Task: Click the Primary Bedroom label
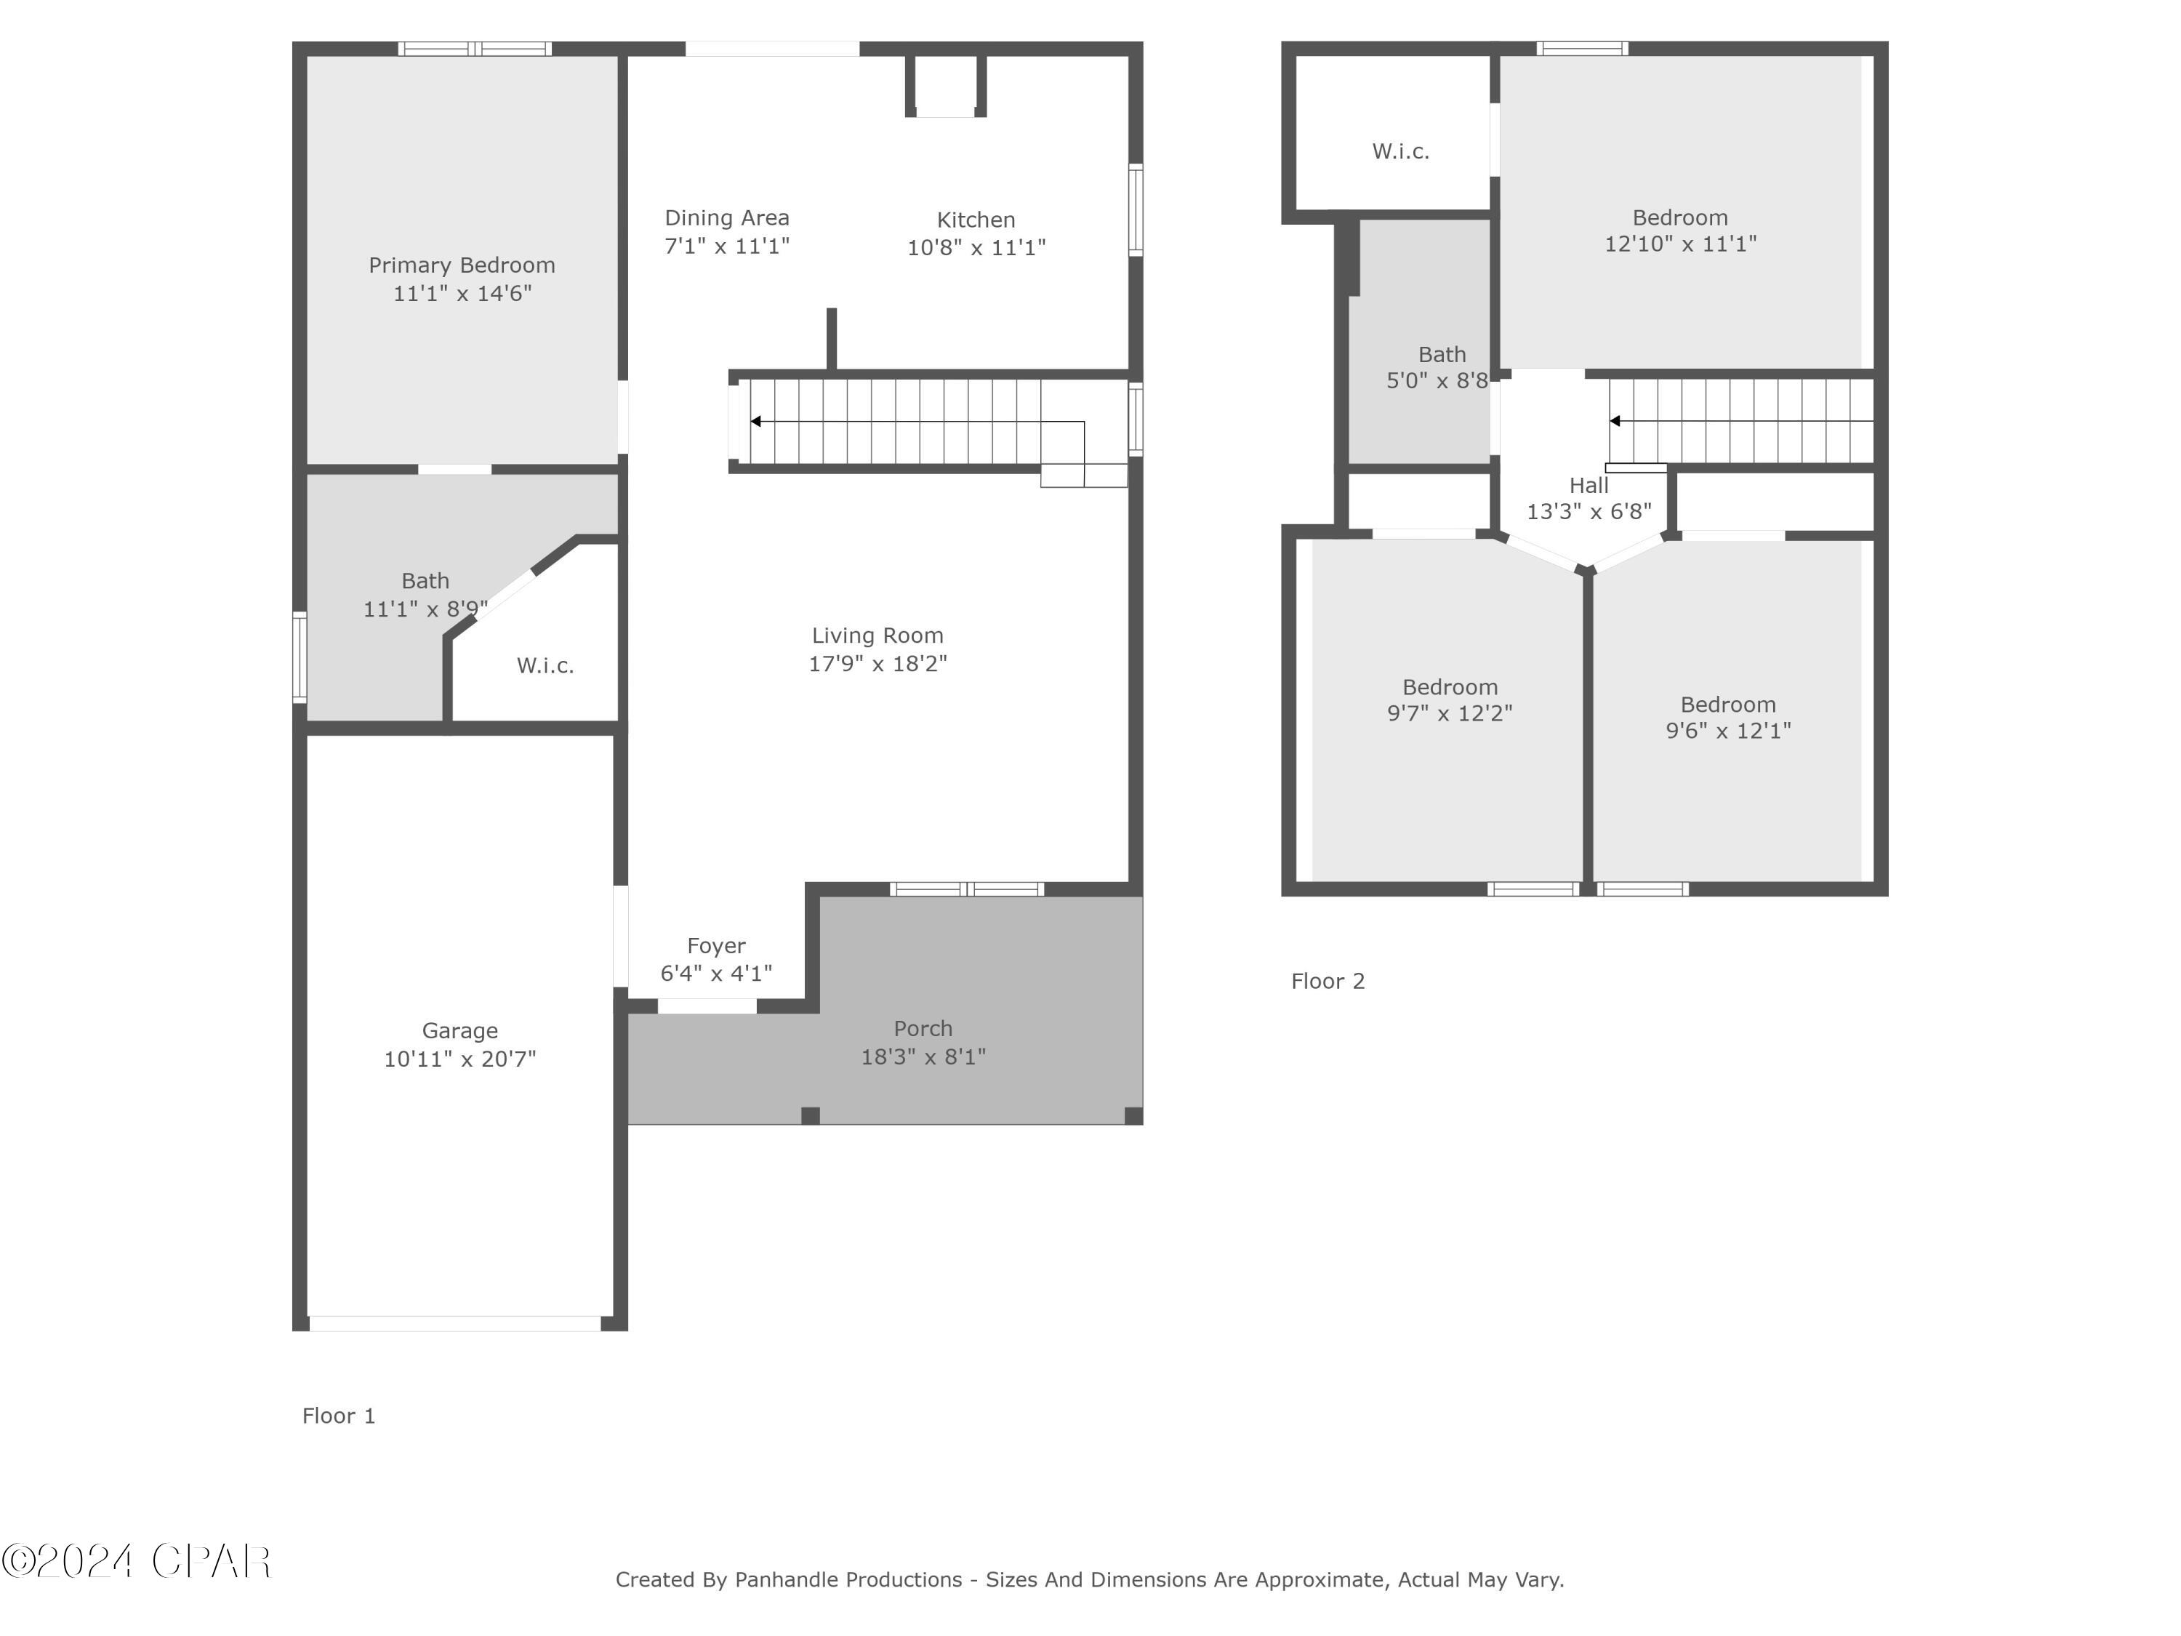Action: pyautogui.click(x=462, y=265)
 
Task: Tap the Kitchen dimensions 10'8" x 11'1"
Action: pyautogui.click(x=976, y=247)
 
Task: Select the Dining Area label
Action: pyautogui.click(x=727, y=218)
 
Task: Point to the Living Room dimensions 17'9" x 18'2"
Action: pyautogui.click(x=877, y=664)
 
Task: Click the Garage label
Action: pyautogui.click(x=459, y=1030)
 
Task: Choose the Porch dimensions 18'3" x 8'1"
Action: pyautogui.click(x=923, y=1057)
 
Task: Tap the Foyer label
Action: pyautogui.click(x=716, y=946)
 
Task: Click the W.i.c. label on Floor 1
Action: pyautogui.click(x=545, y=665)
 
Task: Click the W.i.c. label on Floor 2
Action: pyautogui.click(x=1400, y=151)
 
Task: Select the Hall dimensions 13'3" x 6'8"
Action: pyautogui.click(x=1588, y=511)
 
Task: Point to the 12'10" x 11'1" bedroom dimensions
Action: pyautogui.click(x=1680, y=244)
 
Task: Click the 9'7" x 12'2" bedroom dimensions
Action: pyautogui.click(x=1450, y=713)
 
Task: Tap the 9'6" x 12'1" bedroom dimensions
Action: pyautogui.click(x=1727, y=731)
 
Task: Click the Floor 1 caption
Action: pyautogui.click(x=338, y=1416)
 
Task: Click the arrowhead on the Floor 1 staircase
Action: pyautogui.click(x=756, y=422)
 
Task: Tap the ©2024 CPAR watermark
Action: pyautogui.click(x=136, y=1561)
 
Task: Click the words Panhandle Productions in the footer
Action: pyautogui.click(x=848, y=1580)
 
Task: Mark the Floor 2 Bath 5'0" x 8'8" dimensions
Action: pyautogui.click(x=1437, y=381)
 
